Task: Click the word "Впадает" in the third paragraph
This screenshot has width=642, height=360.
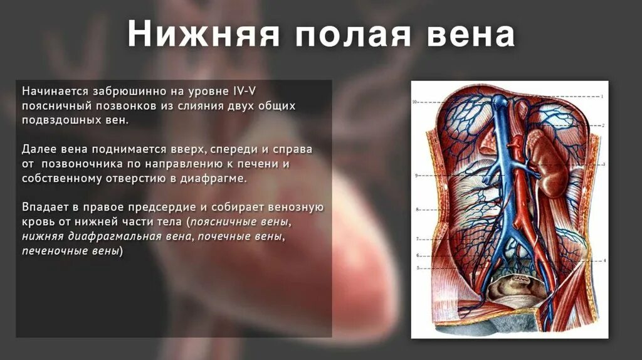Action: (x=43, y=207)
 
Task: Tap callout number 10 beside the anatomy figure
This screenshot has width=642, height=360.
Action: (x=414, y=102)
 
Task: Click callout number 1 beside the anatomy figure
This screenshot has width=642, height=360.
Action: (x=602, y=97)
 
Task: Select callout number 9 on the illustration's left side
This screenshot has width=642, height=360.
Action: (x=416, y=176)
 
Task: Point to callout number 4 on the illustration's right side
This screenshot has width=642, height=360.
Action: (x=604, y=260)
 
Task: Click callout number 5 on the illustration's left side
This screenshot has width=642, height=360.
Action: (x=417, y=268)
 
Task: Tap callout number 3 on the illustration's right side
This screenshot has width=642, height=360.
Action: (x=603, y=164)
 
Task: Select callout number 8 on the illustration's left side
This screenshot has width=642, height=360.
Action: (x=417, y=209)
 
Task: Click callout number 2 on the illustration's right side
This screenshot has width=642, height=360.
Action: (x=603, y=125)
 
